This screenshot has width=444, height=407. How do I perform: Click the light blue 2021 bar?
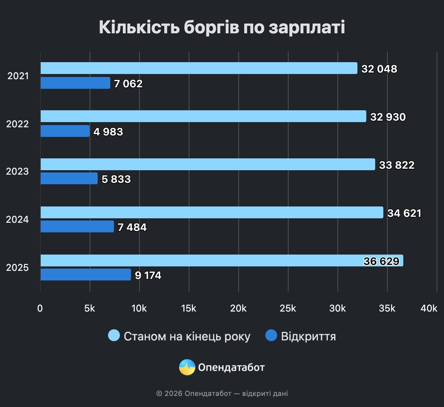[199, 68]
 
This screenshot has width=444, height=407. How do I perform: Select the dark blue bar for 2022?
[65, 131]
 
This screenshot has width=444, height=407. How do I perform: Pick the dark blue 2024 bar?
[77, 226]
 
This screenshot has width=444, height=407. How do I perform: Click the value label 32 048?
[379, 69]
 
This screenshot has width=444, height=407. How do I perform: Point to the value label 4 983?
[108, 132]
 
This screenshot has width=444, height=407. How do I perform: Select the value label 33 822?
[397, 165]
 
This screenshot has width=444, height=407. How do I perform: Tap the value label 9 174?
[148, 275]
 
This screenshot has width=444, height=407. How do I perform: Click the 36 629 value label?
[381, 261]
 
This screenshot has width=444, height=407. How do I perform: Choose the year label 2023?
[17, 171]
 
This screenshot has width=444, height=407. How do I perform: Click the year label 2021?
[18, 76]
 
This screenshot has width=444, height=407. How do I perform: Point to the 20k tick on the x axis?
[238, 308]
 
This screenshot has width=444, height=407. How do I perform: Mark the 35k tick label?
[387, 308]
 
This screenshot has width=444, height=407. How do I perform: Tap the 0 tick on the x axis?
[40, 308]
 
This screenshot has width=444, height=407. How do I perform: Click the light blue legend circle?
[114, 335]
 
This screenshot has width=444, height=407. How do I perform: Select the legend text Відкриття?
[308, 336]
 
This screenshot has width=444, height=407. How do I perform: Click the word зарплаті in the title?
[307, 28]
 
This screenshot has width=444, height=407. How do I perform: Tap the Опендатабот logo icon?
[187, 367]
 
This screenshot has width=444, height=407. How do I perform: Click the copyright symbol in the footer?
[159, 393]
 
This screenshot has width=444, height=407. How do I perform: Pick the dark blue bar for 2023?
[69, 178]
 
